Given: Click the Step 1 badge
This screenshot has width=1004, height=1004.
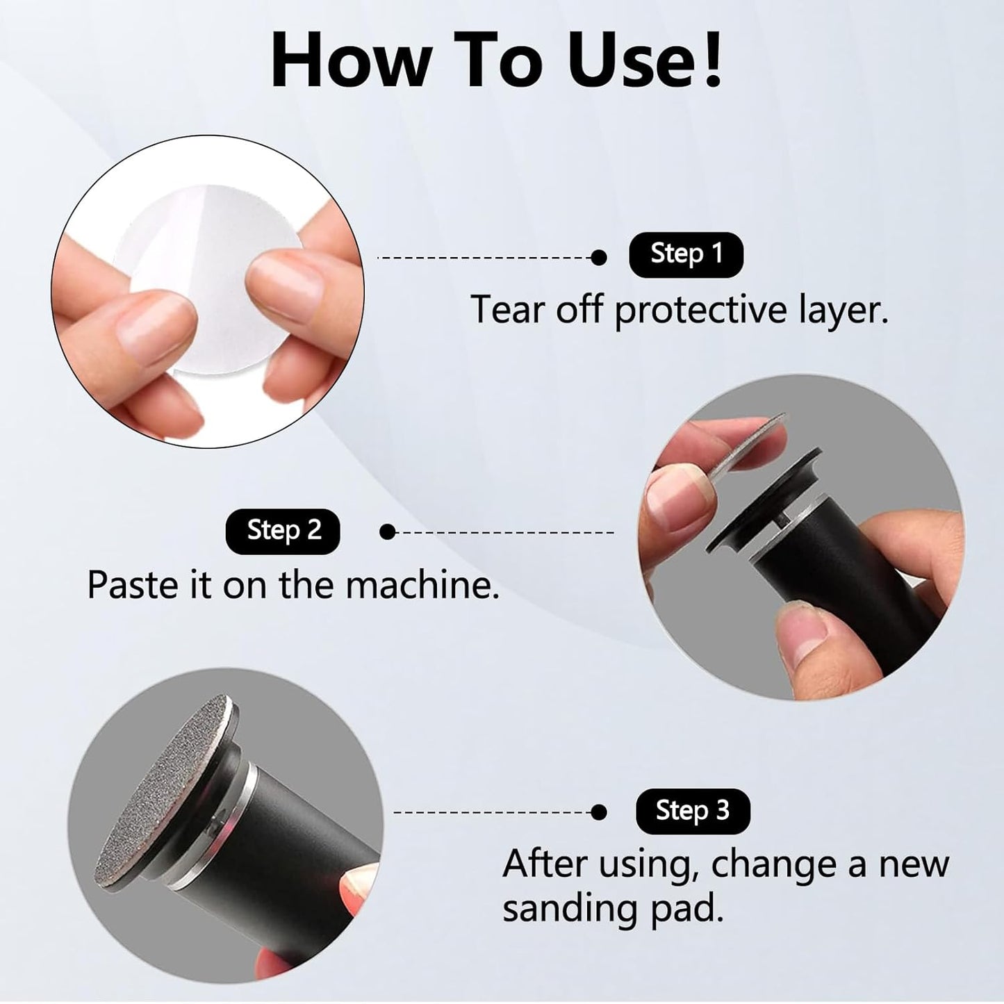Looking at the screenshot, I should pyautogui.click(x=686, y=254).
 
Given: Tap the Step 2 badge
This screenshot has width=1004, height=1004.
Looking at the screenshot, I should pyautogui.click(x=283, y=531).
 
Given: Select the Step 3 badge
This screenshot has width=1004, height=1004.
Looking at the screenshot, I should pyautogui.click(x=692, y=811).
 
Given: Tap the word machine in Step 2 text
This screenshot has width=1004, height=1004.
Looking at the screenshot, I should pyautogui.click(x=422, y=585).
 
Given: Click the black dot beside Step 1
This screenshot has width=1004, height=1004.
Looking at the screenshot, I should pyautogui.click(x=598, y=258).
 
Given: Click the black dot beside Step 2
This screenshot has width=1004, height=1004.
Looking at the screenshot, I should pyautogui.click(x=388, y=532).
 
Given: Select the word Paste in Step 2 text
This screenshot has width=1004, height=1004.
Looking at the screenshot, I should pyautogui.click(x=131, y=585).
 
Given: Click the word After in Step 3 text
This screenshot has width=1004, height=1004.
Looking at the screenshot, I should pyautogui.click(x=543, y=864).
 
